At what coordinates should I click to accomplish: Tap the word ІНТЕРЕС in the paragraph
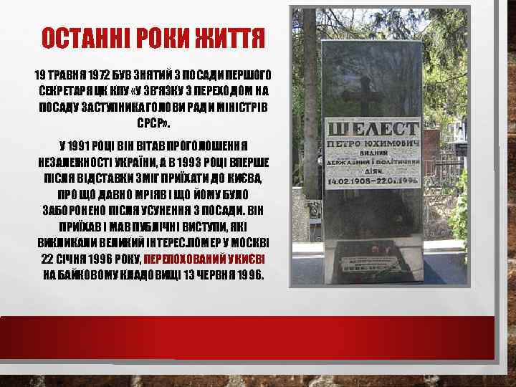tap(171, 244)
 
